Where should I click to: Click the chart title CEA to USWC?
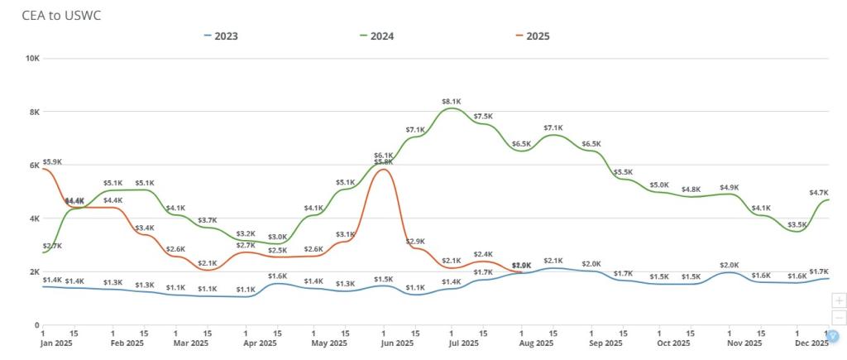[61, 16]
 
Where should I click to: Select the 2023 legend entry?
[223, 36]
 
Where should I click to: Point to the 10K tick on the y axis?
[33, 58]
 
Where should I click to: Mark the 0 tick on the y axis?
[37, 325]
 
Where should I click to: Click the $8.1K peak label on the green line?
[450, 101]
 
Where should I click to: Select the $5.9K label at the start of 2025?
[52, 162]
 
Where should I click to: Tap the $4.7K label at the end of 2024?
[818, 192]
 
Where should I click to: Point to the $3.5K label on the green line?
[797, 224]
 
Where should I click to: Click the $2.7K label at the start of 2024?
[52, 246]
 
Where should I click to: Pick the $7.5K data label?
[483, 117]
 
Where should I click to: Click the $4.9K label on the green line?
[729, 187]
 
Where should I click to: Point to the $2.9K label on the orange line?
[415, 241]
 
